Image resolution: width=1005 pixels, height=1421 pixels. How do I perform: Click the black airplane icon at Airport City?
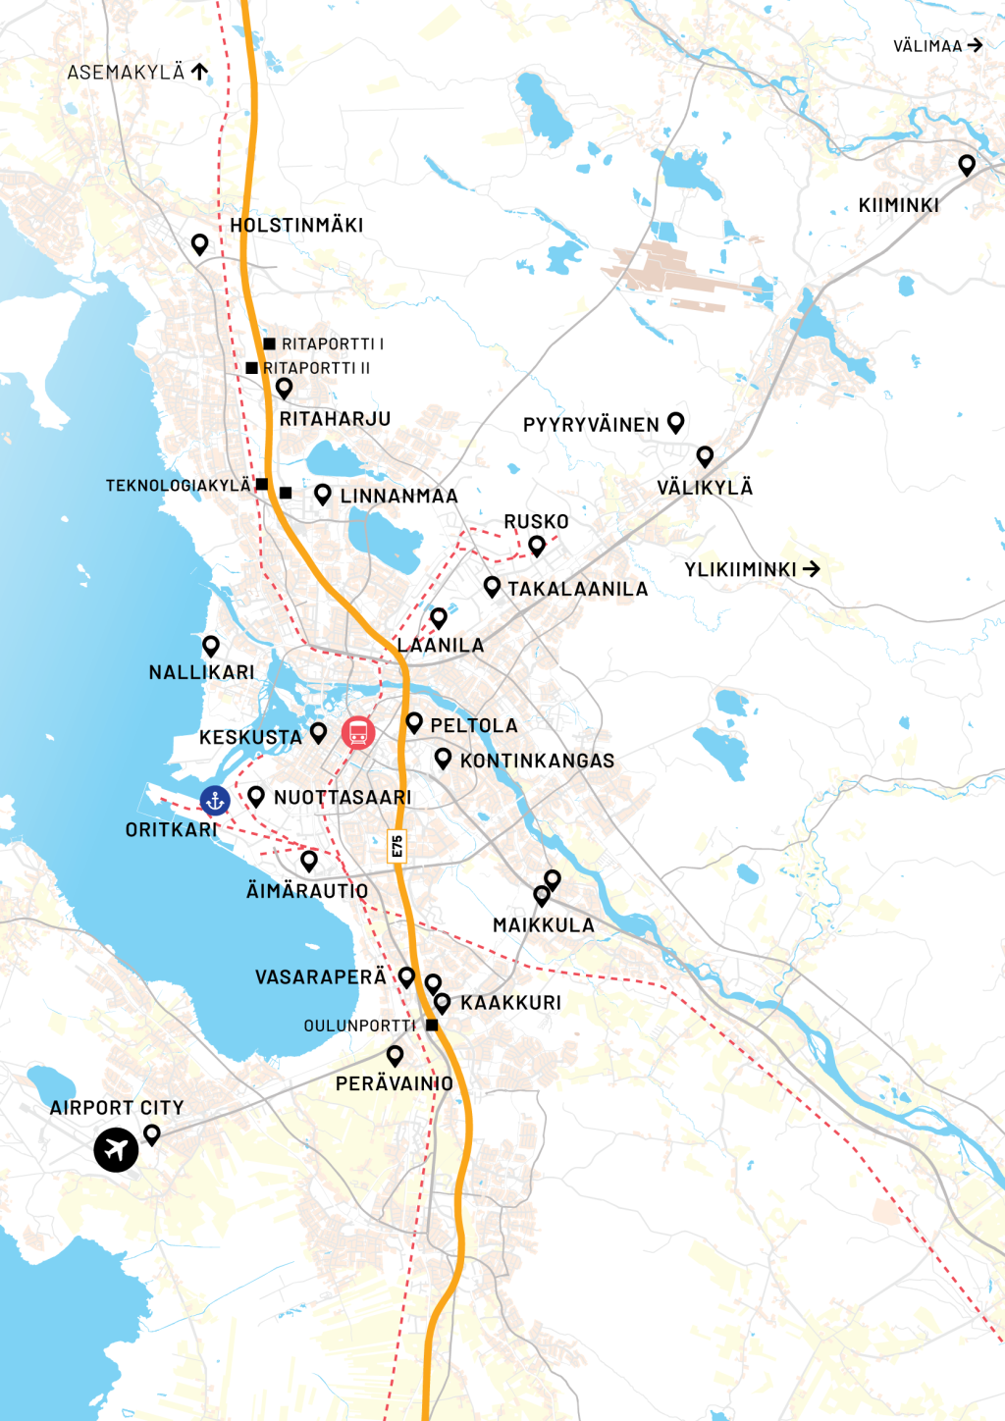116,1149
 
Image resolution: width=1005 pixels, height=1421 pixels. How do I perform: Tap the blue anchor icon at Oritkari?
215,801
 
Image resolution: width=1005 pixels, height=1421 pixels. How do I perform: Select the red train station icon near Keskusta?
358,732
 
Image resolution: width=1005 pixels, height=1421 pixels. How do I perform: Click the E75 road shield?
397,846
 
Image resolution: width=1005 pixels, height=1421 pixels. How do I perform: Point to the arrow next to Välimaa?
975,45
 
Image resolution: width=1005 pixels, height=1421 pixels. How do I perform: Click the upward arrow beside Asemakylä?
200,71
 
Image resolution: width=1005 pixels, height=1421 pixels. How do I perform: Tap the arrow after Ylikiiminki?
811,569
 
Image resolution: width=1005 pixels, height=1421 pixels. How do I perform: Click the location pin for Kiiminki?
967,164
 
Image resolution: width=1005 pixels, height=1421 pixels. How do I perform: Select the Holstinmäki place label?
296,226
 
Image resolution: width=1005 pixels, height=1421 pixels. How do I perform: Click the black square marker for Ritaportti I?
269,343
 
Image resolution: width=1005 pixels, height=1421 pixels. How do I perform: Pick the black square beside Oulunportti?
432,1025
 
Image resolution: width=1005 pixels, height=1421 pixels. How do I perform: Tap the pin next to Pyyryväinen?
675,421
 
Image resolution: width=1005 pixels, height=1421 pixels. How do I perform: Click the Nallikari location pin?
210,645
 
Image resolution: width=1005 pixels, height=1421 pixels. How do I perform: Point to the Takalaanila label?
577,589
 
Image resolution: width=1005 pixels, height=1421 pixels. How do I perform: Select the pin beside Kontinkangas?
443,758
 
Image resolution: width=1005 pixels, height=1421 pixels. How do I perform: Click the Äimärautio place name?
307,891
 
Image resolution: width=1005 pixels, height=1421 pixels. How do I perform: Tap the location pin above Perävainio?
395,1055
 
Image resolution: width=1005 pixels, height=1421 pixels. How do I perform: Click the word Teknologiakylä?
179,486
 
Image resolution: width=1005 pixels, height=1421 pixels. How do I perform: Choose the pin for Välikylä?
705,455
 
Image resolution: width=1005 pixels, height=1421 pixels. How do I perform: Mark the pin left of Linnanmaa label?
322,494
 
